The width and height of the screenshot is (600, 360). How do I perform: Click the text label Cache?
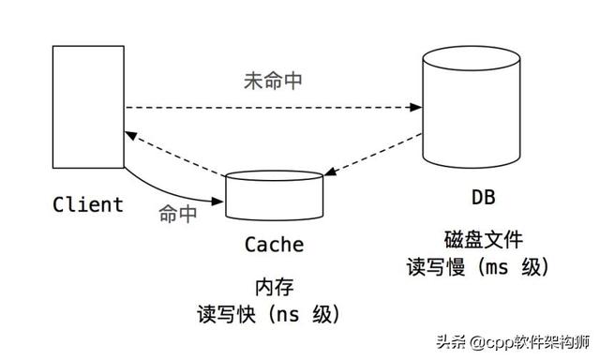click(x=274, y=246)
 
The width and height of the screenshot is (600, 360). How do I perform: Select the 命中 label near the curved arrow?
click(x=177, y=214)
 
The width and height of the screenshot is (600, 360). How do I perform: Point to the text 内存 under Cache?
click(x=274, y=285)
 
